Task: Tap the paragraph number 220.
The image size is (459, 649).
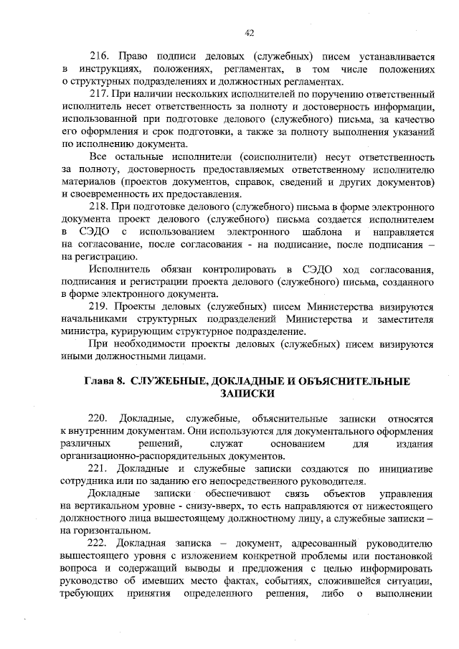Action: click(x=98, y=417)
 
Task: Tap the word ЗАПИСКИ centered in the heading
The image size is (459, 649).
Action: click(x=249, y=394)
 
